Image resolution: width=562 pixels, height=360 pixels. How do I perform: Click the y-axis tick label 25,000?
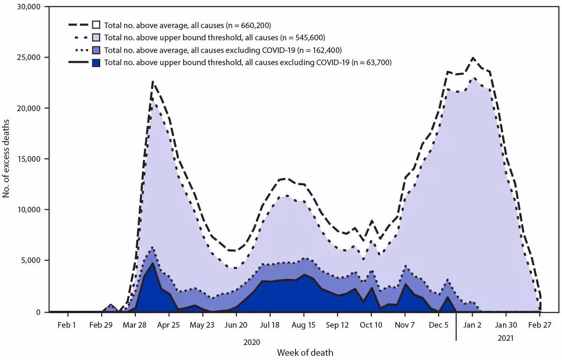(x=27, y=58)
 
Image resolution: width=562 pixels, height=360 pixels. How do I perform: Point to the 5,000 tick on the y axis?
(x=29, y=260)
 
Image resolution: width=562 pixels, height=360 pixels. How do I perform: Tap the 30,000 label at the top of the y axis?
(x=27, y=7)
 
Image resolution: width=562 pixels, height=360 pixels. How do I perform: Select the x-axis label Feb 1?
(x=67, y=325)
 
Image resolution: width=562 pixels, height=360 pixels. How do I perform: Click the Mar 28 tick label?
(x=135, y=325)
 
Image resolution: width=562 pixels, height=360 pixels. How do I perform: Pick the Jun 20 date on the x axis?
(x=236, y=325)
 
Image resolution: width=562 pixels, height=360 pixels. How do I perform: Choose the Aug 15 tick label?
(x=303, y=325)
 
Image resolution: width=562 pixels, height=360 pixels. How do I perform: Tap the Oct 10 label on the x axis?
(x=371, y=325)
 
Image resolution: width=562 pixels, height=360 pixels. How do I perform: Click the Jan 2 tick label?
(x=473, y=325)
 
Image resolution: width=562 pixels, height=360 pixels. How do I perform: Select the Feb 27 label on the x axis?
(x=540, y=325)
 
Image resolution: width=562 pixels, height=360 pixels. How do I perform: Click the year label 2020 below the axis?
(x=251, y=342)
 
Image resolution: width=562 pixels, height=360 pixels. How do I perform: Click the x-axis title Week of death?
(x=305, y=352)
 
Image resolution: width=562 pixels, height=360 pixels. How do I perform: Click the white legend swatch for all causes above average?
(x=96, y=25)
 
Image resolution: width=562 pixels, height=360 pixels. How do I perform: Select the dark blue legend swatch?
(x=96, y=62)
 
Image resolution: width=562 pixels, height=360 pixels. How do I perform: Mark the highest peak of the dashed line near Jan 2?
(x=473, y=58)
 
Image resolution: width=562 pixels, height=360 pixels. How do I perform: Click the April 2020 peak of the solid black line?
(x=153, y=263)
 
